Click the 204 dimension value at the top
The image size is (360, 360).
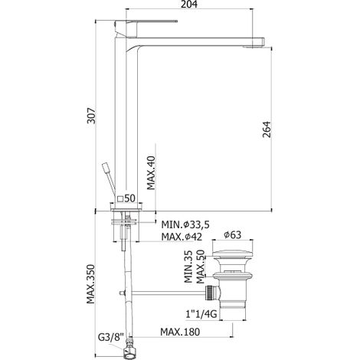tap(189, 5)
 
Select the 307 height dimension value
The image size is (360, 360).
tap(91, 116)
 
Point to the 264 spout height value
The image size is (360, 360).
tap(267, 129)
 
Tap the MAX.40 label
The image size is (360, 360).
tap(151, 172)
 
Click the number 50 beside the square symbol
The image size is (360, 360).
tap(129, 198)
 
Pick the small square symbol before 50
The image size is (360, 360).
tap(120, 198)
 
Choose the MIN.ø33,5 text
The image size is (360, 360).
tap(185, 224)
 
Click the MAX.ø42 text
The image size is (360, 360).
tap(182, 237)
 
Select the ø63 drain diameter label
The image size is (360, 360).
tap(233, 234)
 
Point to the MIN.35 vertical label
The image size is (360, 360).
tap(188, 267)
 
